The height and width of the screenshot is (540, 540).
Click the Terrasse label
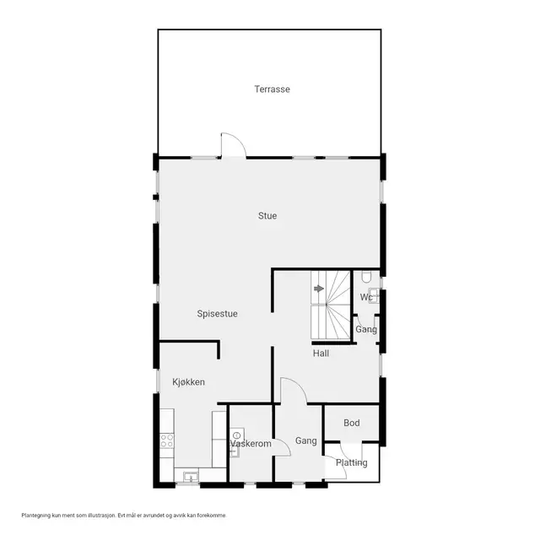click(272, 89)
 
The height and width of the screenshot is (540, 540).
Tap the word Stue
click(267, 216)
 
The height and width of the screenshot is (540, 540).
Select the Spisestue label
click(218, 314)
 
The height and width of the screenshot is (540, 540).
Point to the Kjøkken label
click(189, 382)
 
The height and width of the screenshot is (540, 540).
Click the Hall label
click(321, 354)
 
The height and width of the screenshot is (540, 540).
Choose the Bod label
click(352, 423)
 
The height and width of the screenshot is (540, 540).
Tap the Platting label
click(352, 463)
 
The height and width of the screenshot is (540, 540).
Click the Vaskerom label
click(251, 444)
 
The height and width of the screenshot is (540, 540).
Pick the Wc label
click(366, 297)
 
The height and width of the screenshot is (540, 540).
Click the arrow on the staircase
click(319, 289)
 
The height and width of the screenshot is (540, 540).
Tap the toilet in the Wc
click(366, 276)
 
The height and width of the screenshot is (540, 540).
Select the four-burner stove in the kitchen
click(167, 440)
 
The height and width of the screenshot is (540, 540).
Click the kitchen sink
click(191, 477)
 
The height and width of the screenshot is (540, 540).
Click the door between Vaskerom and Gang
click(283, 448)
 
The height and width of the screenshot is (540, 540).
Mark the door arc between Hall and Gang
click(298, 383)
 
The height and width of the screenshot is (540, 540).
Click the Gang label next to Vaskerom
click(306, 440)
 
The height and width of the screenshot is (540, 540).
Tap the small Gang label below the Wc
click(366, 330)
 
